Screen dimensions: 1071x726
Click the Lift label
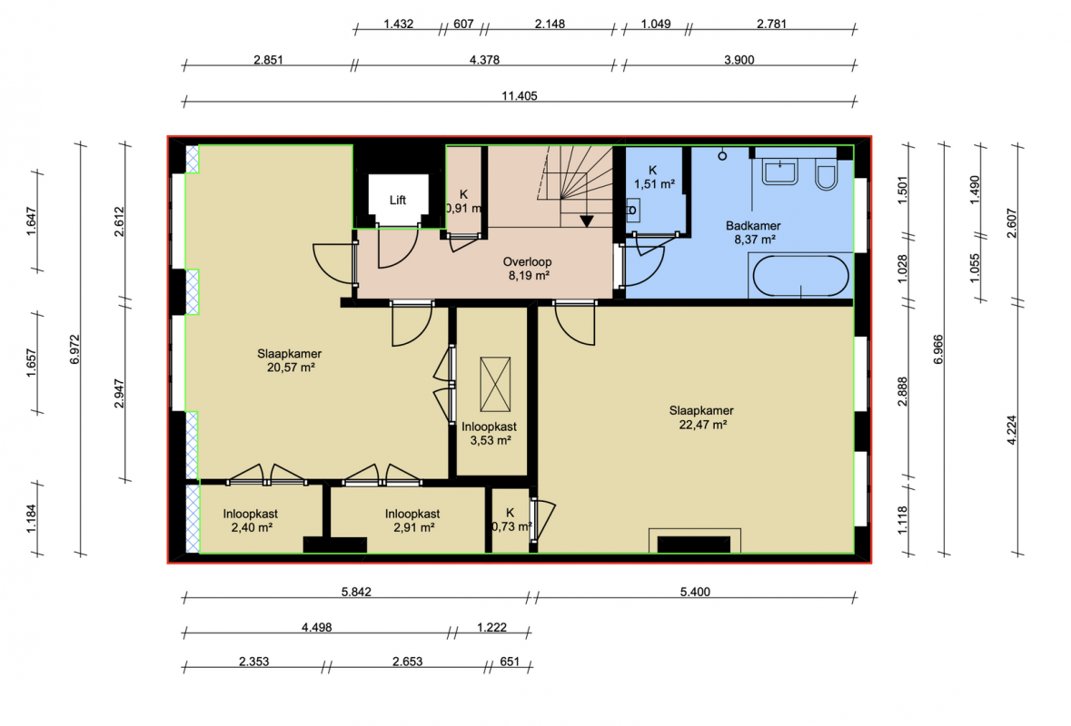(x=398, y=200)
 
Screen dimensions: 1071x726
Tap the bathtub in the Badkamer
(x=800, y=276)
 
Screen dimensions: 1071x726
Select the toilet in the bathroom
(x=826, y=176)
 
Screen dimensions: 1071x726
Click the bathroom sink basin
(x=780, y=172)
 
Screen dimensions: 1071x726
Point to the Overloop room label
(x=527, y=261)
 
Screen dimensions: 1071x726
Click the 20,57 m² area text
(x=291, y=368)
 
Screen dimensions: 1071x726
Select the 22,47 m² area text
(x=703, y=425)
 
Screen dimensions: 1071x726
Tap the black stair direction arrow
(x=586, y=221)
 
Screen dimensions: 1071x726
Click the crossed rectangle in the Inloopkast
(x=495, y=384)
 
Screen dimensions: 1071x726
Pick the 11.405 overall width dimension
(x=519, y=95)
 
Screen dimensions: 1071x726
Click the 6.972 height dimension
(x=75, y=348)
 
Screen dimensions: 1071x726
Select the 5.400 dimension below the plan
(x=695, y=592)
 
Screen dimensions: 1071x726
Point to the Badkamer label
(x=753, y=226)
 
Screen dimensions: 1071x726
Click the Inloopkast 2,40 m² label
(x=251, y=521)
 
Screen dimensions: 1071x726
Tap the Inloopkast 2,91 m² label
(x=412, y=521)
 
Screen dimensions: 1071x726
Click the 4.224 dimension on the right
(x=1012, y=430)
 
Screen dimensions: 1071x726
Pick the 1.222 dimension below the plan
(x=491, y=627)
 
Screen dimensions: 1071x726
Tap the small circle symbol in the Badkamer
(x=722, y=156)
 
